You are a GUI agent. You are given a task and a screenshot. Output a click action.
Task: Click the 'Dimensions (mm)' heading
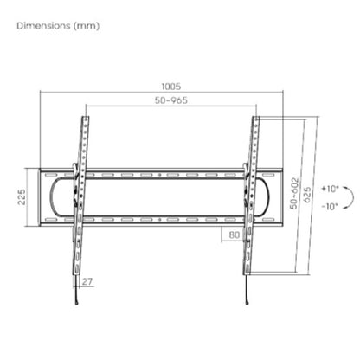pos(58,26)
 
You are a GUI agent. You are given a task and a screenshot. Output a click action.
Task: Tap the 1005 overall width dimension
pos(171,87)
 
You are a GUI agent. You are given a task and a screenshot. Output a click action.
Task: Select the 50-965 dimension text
pos(171,100)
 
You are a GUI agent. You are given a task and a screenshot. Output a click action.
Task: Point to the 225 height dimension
pos(22,197)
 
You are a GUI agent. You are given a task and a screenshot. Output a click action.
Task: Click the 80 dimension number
pos(235,235)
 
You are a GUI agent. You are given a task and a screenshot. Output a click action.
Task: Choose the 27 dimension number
pos(87,281)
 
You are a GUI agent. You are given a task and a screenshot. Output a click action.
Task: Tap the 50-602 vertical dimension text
pos(294,193)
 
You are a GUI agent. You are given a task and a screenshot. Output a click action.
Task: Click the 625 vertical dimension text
pos(307,195)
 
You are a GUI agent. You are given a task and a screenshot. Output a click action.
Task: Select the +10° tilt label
pos(331,189)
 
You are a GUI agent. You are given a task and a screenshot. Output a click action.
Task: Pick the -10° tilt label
pos(330,207)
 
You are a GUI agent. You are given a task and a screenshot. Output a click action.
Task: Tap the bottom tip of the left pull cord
pos(77,303)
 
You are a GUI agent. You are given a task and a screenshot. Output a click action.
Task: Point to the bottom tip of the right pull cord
pos(247,303)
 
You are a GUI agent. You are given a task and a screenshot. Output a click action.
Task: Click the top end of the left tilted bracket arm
pos(86,117)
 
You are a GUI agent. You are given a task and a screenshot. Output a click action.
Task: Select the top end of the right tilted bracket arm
pos(256,117)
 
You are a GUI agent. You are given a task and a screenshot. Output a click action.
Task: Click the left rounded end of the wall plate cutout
pos(50,197)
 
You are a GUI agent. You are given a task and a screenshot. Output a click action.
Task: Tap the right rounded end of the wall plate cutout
pos(268,197)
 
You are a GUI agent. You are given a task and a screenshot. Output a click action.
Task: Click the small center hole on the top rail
pos(160,175)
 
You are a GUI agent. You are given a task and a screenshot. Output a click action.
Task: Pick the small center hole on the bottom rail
pos(160,220)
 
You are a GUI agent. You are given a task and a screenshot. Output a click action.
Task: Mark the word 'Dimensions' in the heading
pos(43,25)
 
